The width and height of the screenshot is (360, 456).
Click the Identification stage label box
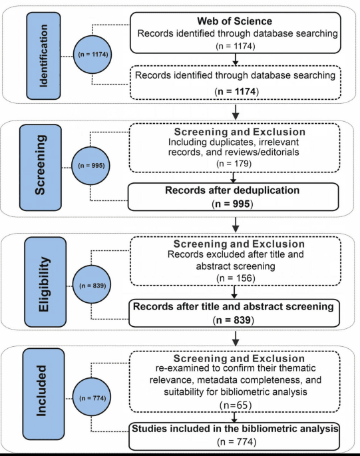pos(44,56)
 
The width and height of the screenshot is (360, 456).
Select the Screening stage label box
pos(41,168)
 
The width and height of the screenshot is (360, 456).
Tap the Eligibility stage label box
pos(45,282)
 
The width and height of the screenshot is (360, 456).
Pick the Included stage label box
pos(44,394)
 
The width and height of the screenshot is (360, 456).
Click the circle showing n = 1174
pos(92,55)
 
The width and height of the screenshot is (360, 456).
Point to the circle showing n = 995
pos(91,166)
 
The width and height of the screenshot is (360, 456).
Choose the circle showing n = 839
pos(92,286)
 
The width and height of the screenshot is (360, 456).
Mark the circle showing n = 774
pos(92,398)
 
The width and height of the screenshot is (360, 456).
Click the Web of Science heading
pos(235,21)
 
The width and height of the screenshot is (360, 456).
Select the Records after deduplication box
pos(233,196)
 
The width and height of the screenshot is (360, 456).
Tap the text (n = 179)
pos(234,164)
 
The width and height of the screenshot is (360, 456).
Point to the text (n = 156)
pos(236,278)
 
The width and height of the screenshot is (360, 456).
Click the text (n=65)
pos(236,405)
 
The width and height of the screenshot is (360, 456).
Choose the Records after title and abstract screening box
pos(234,313)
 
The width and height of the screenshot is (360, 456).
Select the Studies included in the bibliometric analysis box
pos(234,436)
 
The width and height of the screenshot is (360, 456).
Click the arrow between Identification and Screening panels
pos(236,112)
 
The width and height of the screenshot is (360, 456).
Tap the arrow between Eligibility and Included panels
pos(236,338)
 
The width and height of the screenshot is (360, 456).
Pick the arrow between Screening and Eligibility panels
pos(236,225)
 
